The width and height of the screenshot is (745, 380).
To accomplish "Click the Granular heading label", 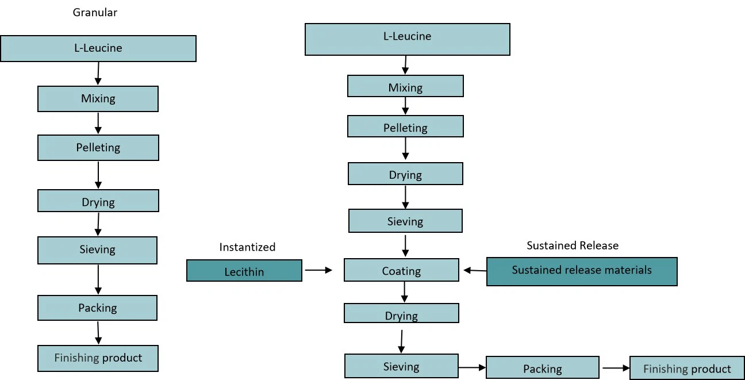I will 95,12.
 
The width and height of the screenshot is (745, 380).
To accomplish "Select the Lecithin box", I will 244,271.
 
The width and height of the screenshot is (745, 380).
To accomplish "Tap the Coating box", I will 401,270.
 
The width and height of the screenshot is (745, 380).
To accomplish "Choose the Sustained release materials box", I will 582,270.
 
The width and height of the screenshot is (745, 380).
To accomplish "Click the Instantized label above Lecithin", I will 247,247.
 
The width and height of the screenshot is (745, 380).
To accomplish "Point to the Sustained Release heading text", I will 573,245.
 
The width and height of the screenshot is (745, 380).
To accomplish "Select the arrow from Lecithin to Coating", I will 318,269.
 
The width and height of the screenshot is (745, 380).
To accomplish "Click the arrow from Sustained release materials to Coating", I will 475,270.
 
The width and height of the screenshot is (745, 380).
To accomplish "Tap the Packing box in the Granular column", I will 97,308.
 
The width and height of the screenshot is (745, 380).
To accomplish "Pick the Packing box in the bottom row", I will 542,368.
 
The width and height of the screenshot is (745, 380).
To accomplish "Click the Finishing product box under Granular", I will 98,358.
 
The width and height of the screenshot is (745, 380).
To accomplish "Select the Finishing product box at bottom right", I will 687,368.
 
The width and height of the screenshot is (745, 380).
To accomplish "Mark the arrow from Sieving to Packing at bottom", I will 472,367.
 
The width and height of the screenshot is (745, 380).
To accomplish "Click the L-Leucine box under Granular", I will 98,48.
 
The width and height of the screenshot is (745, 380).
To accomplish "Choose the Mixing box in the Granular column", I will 98,99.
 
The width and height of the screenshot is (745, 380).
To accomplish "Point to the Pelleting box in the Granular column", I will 98,148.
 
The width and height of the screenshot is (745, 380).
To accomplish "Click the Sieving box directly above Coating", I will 405,221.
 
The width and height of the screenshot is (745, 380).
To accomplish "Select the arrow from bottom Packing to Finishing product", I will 615,367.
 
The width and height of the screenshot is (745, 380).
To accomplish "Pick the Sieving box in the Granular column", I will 97,250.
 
